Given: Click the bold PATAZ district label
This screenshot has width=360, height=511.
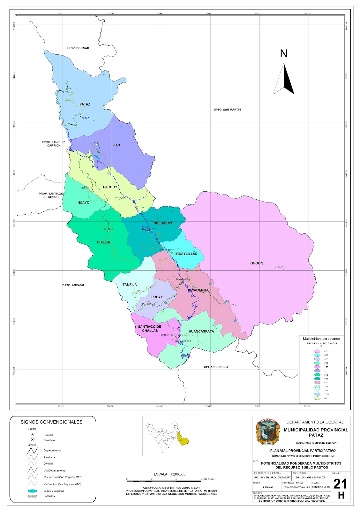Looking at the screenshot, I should (x=85, y=104).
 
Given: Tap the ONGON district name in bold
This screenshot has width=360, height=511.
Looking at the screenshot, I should (x=257, y=263).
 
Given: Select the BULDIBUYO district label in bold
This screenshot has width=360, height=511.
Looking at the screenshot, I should (x=163, y=223).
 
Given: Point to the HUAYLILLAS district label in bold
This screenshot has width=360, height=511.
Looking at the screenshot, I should (x=187, y=254).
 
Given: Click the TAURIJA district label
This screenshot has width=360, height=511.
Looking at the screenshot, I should (x=130, y=285).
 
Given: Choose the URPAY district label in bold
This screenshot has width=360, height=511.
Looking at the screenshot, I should (x=157, y=297).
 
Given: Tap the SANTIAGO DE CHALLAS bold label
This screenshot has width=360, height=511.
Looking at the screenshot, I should (x=150, y=329).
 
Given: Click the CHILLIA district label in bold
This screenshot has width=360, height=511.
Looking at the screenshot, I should (x=103, y=242).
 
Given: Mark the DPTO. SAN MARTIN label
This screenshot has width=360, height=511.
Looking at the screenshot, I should (x=227, y=110).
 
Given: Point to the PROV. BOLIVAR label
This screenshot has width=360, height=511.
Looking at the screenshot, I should (x=78, y=48).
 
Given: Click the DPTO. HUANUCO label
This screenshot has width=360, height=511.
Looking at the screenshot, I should (x=216, y=367).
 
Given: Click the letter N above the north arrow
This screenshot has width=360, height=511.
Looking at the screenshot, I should (x=284, y=54).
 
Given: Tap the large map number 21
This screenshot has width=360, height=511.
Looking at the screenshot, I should (x=340, y=484).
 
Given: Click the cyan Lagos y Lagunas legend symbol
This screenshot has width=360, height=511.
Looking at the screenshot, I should (x=32, y=491).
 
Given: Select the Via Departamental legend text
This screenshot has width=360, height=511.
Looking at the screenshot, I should (x=55, y=470).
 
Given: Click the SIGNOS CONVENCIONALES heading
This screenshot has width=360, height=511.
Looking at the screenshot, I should (x=51, y=422).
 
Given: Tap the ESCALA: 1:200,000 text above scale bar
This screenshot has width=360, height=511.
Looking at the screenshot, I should (x=169, y=474).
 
